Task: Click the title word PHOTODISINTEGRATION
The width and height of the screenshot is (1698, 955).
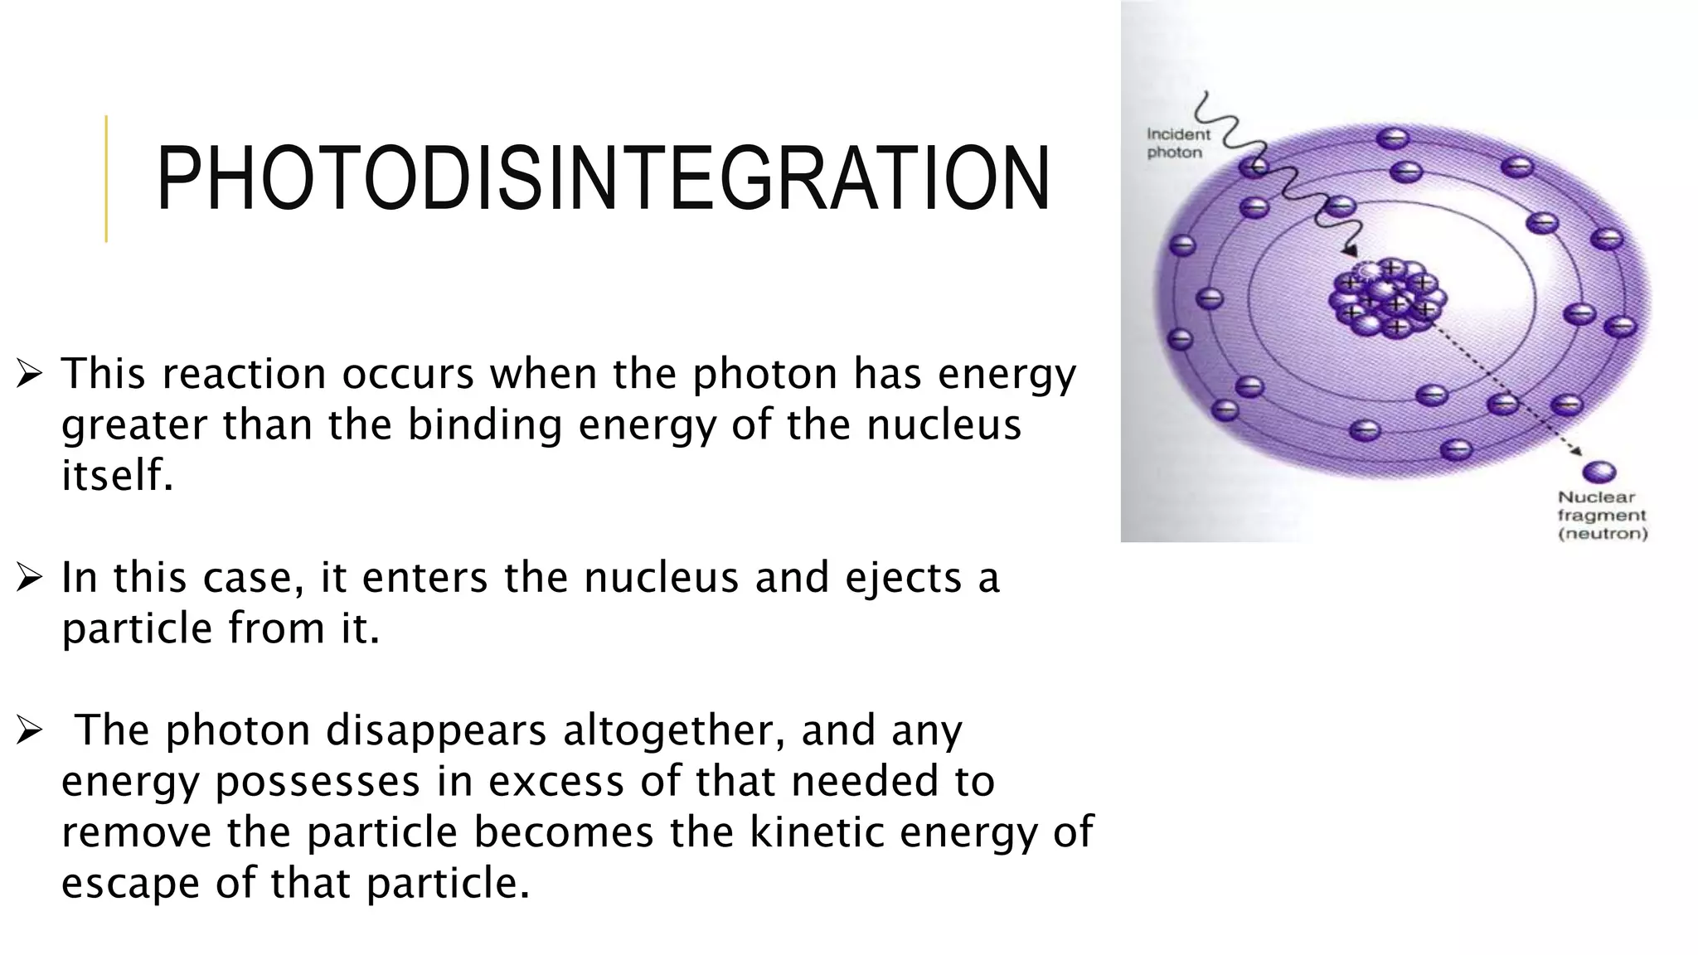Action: coord(603,178)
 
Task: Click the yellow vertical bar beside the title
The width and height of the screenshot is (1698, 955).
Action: coord(106,178)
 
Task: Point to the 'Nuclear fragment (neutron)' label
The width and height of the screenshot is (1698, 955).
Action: coord(1601,515)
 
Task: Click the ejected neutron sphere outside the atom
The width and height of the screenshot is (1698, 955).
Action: coord(1599,473)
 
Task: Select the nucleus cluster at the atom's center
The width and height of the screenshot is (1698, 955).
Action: coord(1388,297)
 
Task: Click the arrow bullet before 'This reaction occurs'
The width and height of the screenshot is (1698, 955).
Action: coord(29,375)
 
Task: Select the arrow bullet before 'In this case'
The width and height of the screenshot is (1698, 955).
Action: coord(29,578)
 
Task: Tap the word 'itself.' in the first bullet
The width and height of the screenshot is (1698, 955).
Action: coord(117,476)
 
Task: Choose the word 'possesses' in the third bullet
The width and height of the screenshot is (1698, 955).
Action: coord(318,782)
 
